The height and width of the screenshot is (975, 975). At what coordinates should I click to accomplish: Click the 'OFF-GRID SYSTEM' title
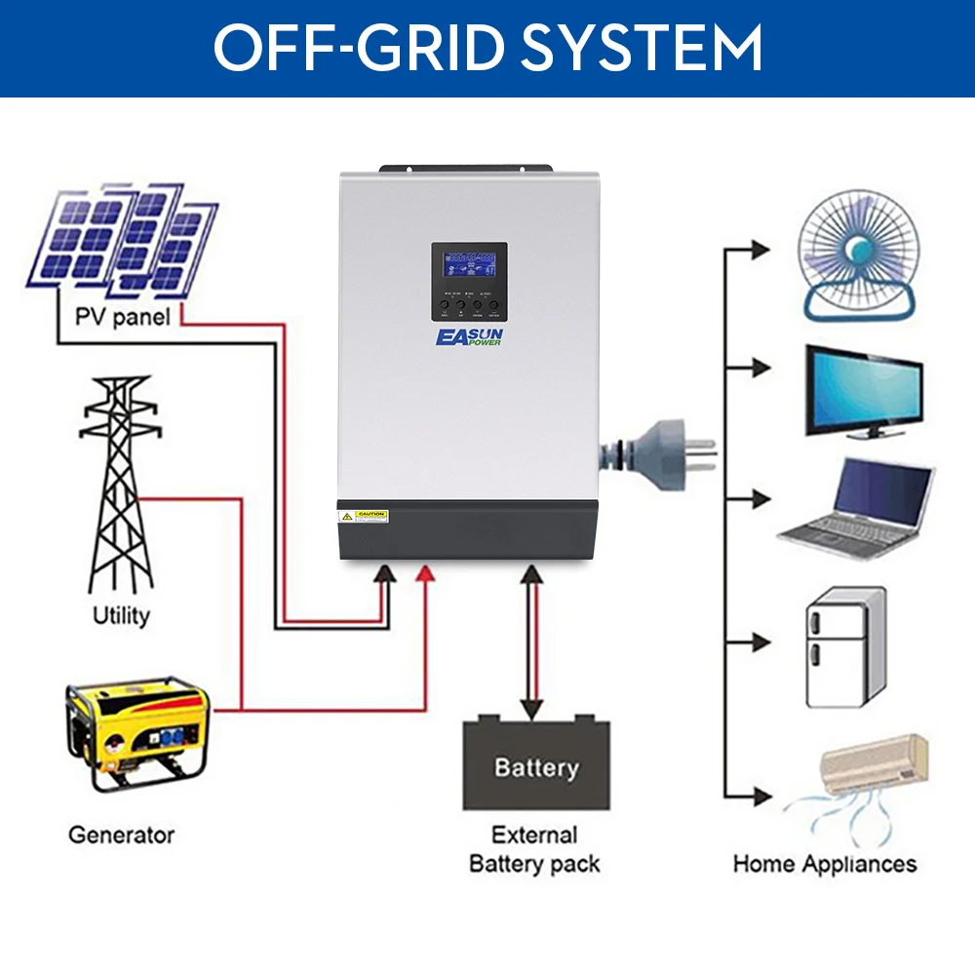[487, 47]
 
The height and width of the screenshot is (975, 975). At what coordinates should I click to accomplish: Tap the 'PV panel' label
[123, 317]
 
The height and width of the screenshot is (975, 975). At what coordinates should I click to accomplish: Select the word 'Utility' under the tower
[121, 615]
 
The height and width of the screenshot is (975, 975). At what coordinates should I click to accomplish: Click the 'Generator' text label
[121, 835]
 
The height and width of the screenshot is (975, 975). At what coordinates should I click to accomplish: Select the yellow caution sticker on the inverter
[371, 514]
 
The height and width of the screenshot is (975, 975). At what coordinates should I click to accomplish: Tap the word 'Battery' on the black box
[536, 767]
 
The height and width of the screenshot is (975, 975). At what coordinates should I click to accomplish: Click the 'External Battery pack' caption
[534, 849]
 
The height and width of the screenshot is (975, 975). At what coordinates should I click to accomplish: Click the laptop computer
[858, 507]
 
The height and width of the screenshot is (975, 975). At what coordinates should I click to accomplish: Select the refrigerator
[845, 647]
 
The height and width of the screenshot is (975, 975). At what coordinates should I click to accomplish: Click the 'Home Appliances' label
[825, 863]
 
